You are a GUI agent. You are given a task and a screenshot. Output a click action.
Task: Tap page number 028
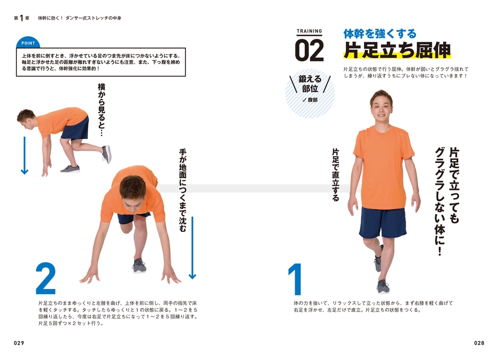click(x=479, y=343)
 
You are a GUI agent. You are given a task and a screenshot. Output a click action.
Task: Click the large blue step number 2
click(x=46, y=278)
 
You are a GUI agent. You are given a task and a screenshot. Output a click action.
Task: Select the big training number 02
click(x=309, y=51)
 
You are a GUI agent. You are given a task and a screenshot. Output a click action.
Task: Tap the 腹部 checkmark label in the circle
click(x=310, y=99)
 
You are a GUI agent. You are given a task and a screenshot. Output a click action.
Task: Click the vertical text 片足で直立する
click(x=335, y=175)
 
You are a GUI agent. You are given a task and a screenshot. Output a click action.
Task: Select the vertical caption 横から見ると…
click(x=102, y=109)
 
